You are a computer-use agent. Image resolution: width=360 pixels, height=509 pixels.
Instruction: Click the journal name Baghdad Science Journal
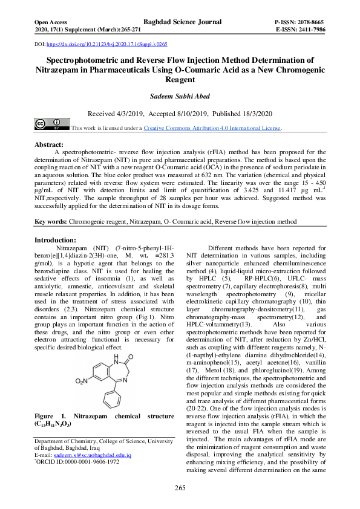pyautogui.click(x=180, y=21)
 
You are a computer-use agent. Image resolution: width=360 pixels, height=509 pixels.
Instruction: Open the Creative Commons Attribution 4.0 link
pyautogui.click(x=212, y=128)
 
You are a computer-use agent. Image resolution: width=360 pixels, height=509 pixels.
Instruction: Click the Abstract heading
pyautogui.click(x=49, y=145)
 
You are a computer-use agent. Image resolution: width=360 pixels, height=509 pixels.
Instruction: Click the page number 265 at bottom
pyautogui.click(x=180, y=488)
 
